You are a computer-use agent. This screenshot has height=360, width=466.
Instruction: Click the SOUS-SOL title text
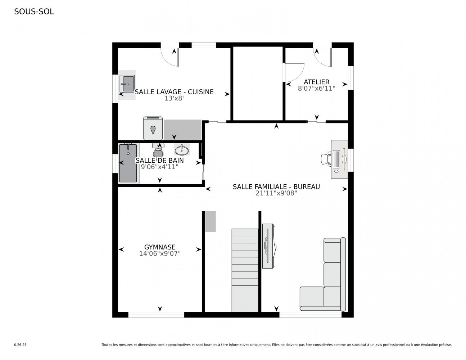click(x=34, y=12)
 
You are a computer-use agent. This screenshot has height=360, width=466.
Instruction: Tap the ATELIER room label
click(x=316, y=82)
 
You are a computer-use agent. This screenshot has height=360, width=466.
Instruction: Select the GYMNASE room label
click(x=160, y=247)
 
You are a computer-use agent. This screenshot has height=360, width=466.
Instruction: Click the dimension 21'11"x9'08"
click(x=276, y=193)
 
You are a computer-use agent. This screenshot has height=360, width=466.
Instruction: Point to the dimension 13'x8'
click(x=174, y=98)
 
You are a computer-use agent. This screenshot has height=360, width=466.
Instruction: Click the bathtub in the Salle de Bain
click(x=128, y=163)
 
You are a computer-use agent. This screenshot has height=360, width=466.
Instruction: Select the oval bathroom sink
click(x=182, y=149)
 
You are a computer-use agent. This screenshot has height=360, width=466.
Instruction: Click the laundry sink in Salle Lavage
click(x=127, y=84)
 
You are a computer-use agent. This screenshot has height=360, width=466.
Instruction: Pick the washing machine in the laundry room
click(x=153, y=128)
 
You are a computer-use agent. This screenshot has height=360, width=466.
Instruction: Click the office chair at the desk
click(x=326, y=158)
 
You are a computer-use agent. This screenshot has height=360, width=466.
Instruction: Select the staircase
click(x=245, y=270)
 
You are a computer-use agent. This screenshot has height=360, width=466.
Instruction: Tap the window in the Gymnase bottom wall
click(x=156, y=315)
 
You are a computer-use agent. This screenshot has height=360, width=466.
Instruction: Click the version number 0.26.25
click(x=20, y=345)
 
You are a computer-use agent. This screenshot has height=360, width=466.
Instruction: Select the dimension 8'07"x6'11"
click(x=316, y=88)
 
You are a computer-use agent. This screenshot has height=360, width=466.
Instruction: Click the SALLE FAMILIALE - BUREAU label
click(x=276, y=186)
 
